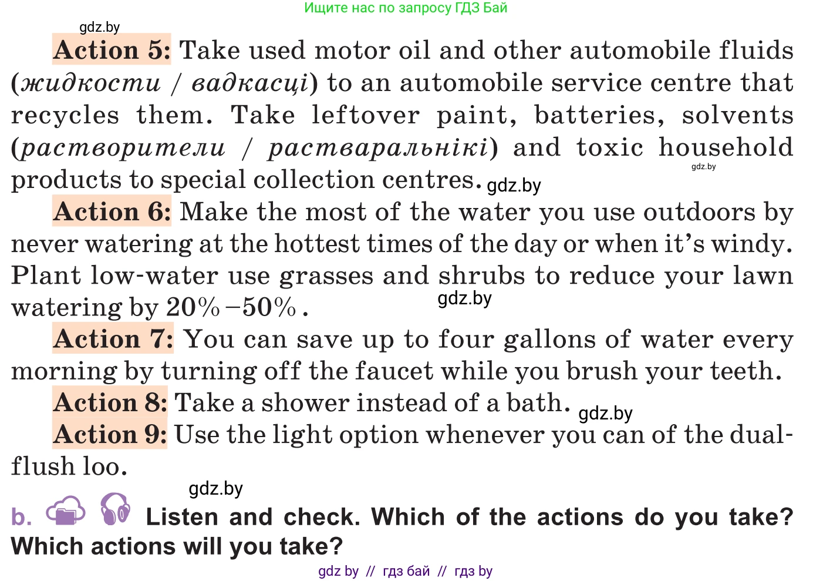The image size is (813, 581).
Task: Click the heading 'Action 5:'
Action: coord(112,50)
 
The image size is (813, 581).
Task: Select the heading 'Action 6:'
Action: coord(112,211)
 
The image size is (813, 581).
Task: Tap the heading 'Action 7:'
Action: coord(113,338)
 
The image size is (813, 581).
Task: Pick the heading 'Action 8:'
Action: coord(110,402)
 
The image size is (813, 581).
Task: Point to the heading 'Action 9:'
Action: coord(110,434)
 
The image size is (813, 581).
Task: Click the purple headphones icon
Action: coord(115,509)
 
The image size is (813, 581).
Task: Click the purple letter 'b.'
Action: coord(21,516)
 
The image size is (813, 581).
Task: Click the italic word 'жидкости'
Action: coord(91,83)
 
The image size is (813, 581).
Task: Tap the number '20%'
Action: coord(193,307)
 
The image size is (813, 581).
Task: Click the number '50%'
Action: coord(269,307)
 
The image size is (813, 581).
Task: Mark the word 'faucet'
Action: coord(394,370)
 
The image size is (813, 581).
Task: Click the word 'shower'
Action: coord(306,402)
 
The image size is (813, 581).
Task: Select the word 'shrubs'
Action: coord(481,275)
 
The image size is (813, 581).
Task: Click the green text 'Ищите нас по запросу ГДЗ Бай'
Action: coord(406,8)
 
